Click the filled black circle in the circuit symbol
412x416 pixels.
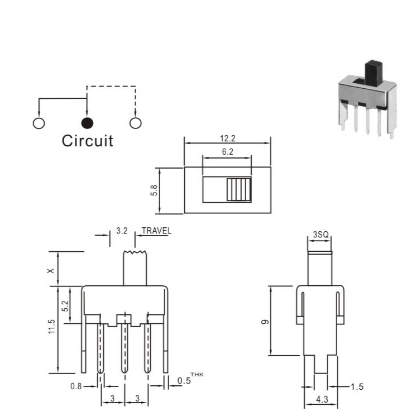point(87,123)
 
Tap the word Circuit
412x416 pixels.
point(88,141)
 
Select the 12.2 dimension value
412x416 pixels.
point(228,138)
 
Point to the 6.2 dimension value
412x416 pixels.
point(227,151)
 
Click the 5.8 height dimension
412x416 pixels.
point(154,190)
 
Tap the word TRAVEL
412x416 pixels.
point(156,231)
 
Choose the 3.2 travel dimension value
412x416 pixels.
point(122,231)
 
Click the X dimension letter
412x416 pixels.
point(50,271)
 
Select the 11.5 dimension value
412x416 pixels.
point(51,326)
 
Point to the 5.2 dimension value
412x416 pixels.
point(65,306)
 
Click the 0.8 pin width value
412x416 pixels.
point(76,386)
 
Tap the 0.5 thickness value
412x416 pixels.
point(184,381)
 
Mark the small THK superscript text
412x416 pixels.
point(197,374)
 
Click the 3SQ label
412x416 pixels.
point(321,235)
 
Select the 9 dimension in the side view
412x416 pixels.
point(265,322)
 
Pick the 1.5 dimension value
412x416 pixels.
point(357,386)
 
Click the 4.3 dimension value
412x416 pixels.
point(322,399)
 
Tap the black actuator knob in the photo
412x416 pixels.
point(373,73)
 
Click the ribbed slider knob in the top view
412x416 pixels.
point(239,189)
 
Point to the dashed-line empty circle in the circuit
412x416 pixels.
point(135,123)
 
